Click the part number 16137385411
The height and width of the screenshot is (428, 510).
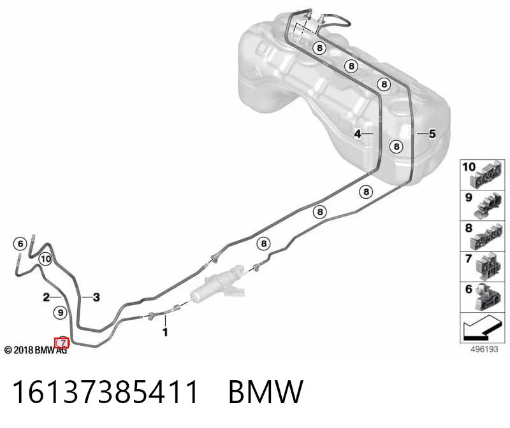105,392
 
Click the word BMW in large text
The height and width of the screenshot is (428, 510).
266,392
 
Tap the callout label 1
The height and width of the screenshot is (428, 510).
165,332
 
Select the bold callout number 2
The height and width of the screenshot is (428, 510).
47,297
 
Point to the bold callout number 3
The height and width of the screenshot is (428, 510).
96,297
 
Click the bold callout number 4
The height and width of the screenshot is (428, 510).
358,134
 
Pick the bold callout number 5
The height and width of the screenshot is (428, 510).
432,134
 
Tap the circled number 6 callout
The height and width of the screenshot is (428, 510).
20,244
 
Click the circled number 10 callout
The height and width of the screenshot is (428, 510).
45,259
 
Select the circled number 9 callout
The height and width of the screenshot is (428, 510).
60,313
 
